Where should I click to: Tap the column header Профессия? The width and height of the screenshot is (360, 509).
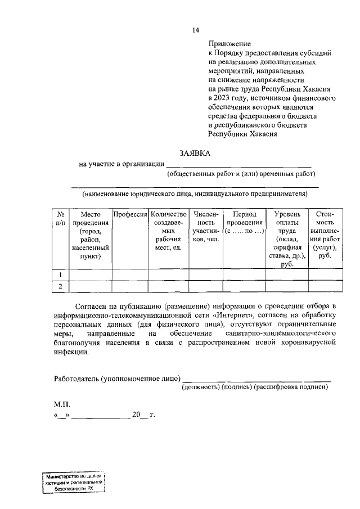pyautogui.click(x=130, y=214)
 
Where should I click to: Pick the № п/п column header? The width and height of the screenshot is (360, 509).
pyautogui.click(x=60, y=219)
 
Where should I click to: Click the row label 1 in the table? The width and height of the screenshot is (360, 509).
pyautogui.click(x=60, y=274)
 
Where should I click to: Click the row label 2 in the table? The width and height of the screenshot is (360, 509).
pyautogui.click(x=60, y=287)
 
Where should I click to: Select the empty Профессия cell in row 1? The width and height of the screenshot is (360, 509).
pyautogui.click(x=130, y=274)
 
